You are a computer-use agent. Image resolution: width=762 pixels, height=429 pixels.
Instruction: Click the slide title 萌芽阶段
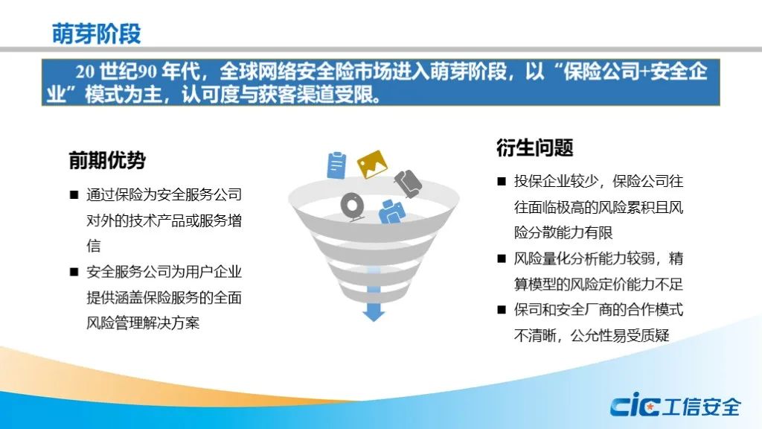tap(96, 34)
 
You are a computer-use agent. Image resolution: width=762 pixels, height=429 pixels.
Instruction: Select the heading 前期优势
tap(107, 160)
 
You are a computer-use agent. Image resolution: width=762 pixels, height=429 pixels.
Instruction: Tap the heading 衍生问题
tap(534, 147)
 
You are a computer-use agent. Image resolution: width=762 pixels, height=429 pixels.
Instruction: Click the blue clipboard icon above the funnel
tap(337, 165)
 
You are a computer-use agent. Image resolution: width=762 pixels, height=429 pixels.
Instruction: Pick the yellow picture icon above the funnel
tap(372, 164)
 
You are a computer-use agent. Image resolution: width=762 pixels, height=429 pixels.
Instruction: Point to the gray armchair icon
tap(408, 183)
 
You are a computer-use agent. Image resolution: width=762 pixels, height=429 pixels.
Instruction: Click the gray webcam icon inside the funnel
tap(352, 207)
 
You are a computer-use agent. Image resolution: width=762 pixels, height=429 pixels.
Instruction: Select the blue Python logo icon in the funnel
tap(392, 212)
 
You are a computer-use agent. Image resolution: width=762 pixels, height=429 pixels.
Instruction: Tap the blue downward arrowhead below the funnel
tap(374, 312)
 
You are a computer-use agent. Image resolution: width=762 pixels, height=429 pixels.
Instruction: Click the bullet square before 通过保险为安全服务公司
tap(74, 195)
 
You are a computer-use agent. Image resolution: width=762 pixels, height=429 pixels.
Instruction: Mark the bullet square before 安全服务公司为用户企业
tap(74, 271)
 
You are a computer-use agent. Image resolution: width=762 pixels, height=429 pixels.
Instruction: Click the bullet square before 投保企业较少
tap(502, 182)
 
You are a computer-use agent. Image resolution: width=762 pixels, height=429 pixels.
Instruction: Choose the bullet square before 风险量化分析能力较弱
tap(502, 258)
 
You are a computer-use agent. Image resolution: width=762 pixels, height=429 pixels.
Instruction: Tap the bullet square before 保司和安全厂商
tap(502, 309)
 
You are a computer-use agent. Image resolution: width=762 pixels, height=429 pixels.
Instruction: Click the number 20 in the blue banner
tap(85, 72)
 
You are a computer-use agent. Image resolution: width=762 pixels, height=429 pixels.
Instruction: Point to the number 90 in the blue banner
tap(147, 72)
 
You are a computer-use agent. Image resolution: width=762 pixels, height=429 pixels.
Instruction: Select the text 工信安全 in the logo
tap(702, 407)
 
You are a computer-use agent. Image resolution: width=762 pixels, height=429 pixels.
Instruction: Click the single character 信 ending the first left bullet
tap(93, 246)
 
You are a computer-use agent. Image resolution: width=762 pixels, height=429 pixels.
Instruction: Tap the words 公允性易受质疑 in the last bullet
tap(620, 335)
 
